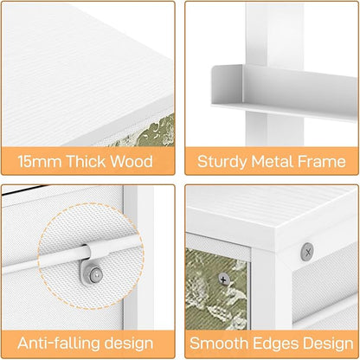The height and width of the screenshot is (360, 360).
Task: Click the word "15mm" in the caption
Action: [40, 161]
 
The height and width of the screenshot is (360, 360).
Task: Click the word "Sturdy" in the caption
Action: [222, 161]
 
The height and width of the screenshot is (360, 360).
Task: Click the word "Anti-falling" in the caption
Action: [58, 343]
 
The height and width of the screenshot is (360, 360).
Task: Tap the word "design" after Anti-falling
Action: [128, 343]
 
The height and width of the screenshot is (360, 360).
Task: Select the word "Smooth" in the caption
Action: [219, 343]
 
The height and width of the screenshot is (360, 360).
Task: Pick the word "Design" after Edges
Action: [328, 344]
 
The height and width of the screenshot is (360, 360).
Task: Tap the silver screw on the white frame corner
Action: [307, 252]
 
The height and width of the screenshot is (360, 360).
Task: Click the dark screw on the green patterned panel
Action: [224, 279]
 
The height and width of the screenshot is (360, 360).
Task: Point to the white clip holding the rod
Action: [96, 250]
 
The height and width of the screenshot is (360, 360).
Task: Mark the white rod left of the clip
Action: [44, 261]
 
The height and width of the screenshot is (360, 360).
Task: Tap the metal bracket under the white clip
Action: [91, 271]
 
